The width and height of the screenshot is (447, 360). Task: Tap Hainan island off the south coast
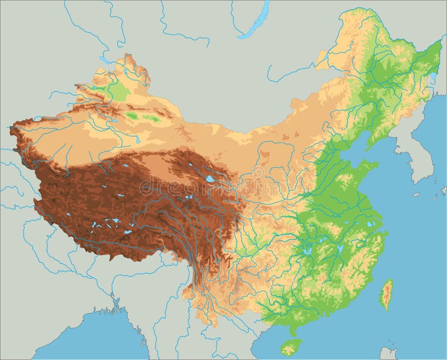tap(290, 345)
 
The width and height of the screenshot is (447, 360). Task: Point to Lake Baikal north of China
tap(254, 22)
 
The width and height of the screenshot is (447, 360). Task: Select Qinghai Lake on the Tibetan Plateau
tap(209, 179)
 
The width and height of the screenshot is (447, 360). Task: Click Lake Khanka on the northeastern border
tap(432, 77)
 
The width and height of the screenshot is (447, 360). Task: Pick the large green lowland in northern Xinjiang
tap(117, 89)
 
